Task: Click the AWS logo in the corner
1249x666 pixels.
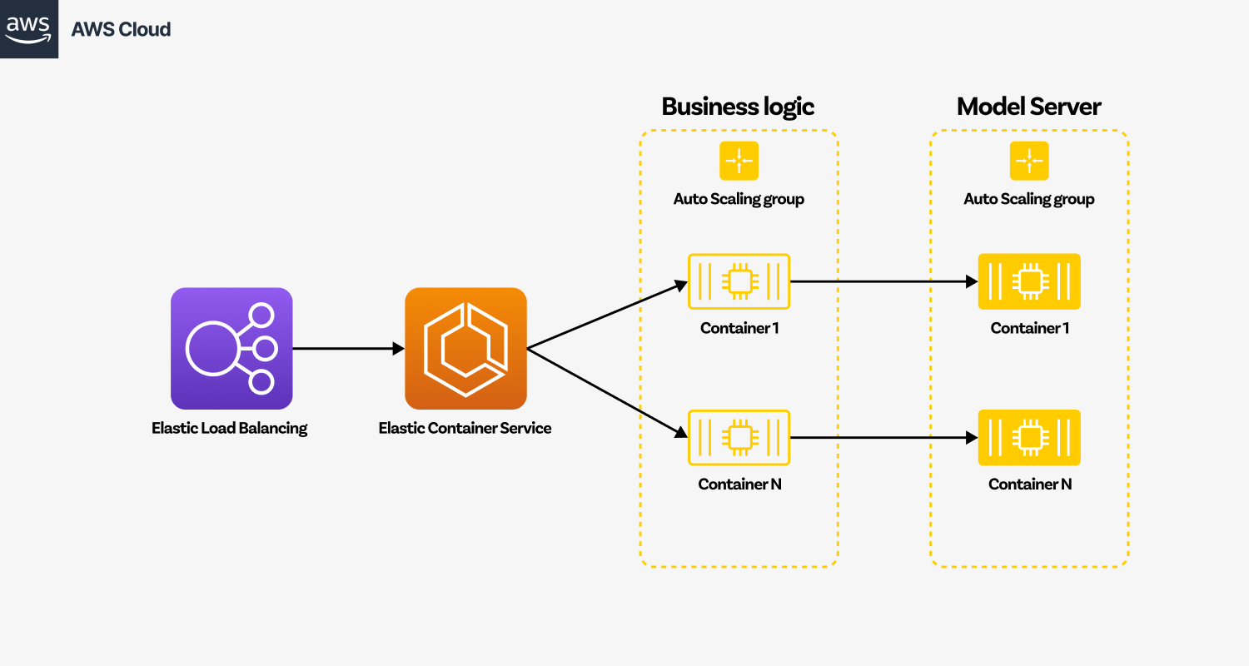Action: tap(28, 28)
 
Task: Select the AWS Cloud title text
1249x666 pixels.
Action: tap(121, 29)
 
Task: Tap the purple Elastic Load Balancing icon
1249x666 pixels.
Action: tap(231, 348)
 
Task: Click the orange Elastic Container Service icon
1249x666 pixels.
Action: tap(465, 348)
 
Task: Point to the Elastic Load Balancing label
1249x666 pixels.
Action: tap(229, 429)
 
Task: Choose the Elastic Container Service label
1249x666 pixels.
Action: tap(465, 429)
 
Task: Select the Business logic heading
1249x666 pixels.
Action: tap(738, 107)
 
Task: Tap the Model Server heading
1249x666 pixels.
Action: tap(1028, 107)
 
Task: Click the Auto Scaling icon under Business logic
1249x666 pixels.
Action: tap(739, 161)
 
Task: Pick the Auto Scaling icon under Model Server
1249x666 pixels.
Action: tap(1029, 161)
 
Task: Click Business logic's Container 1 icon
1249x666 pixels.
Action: tap(739, 281)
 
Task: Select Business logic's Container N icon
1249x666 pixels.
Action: tap(739, 437)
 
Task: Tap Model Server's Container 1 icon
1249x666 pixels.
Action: tap(1029, 281)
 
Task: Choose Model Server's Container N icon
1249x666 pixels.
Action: tap(1029, 437)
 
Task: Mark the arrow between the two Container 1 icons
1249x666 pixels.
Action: tap(883, 281)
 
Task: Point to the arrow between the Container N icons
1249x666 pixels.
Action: tap(883, 437)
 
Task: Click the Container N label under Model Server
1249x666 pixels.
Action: tap(1029, 484)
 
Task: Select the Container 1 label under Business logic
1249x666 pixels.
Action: tap(739, 328)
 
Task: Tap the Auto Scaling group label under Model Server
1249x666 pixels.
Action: tap(1029, 199)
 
